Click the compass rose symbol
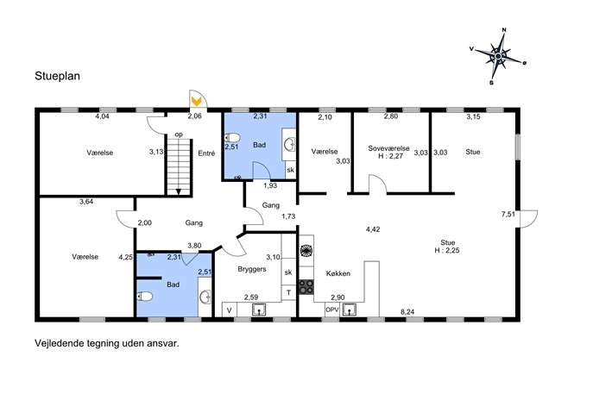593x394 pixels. click(498, 56)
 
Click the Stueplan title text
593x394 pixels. click(58, 76)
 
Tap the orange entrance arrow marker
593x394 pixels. click(196, 101)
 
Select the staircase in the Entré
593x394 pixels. click(179, 167)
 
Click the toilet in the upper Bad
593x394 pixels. click(232, 137)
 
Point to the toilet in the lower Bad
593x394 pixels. click(144, 297)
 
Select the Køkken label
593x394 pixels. click(338, 273)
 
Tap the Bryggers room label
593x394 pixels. click(252, 269)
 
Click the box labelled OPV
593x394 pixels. click(332, 310)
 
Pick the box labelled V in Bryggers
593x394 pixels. click(230, 310)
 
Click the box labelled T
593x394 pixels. click(288, 292)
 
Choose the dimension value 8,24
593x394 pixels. click(407, 312)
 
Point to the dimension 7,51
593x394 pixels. click(508, 214)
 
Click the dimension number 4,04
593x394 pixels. click(102, 116)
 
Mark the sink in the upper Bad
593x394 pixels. click(290, 144)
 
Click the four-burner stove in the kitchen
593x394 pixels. click(306, 287)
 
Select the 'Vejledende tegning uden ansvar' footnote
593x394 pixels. click(107, 343)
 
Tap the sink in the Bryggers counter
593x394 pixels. click(259, 310)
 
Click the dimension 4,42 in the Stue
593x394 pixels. click(373, 229)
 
